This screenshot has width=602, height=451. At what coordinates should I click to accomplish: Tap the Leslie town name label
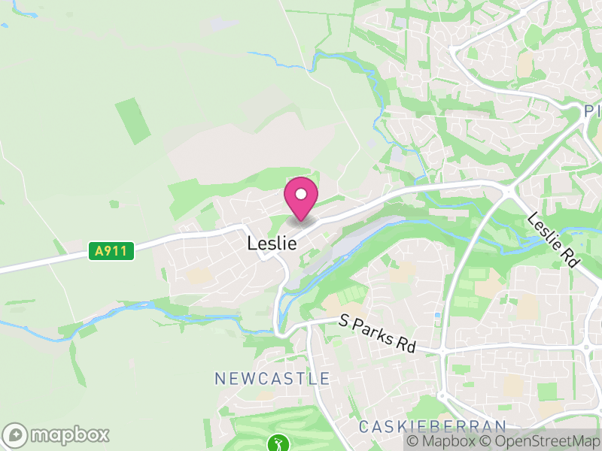point(271,244)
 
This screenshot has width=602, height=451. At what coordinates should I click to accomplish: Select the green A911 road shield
point(111,251)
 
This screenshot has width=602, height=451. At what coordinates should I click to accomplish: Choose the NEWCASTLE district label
point(272,378)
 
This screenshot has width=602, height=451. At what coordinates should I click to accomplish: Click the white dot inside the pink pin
point(301,194)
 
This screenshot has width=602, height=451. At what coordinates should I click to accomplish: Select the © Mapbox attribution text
point(441,441)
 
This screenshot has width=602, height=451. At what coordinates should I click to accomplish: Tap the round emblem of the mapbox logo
point(15,435)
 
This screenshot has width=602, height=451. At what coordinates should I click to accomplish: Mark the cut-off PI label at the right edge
point(593,112)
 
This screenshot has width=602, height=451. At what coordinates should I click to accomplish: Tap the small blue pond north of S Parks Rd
point(437,315)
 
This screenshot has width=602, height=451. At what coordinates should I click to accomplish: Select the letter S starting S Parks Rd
point(343,320)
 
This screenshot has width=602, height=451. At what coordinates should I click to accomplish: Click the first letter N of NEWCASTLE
point(220,378)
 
